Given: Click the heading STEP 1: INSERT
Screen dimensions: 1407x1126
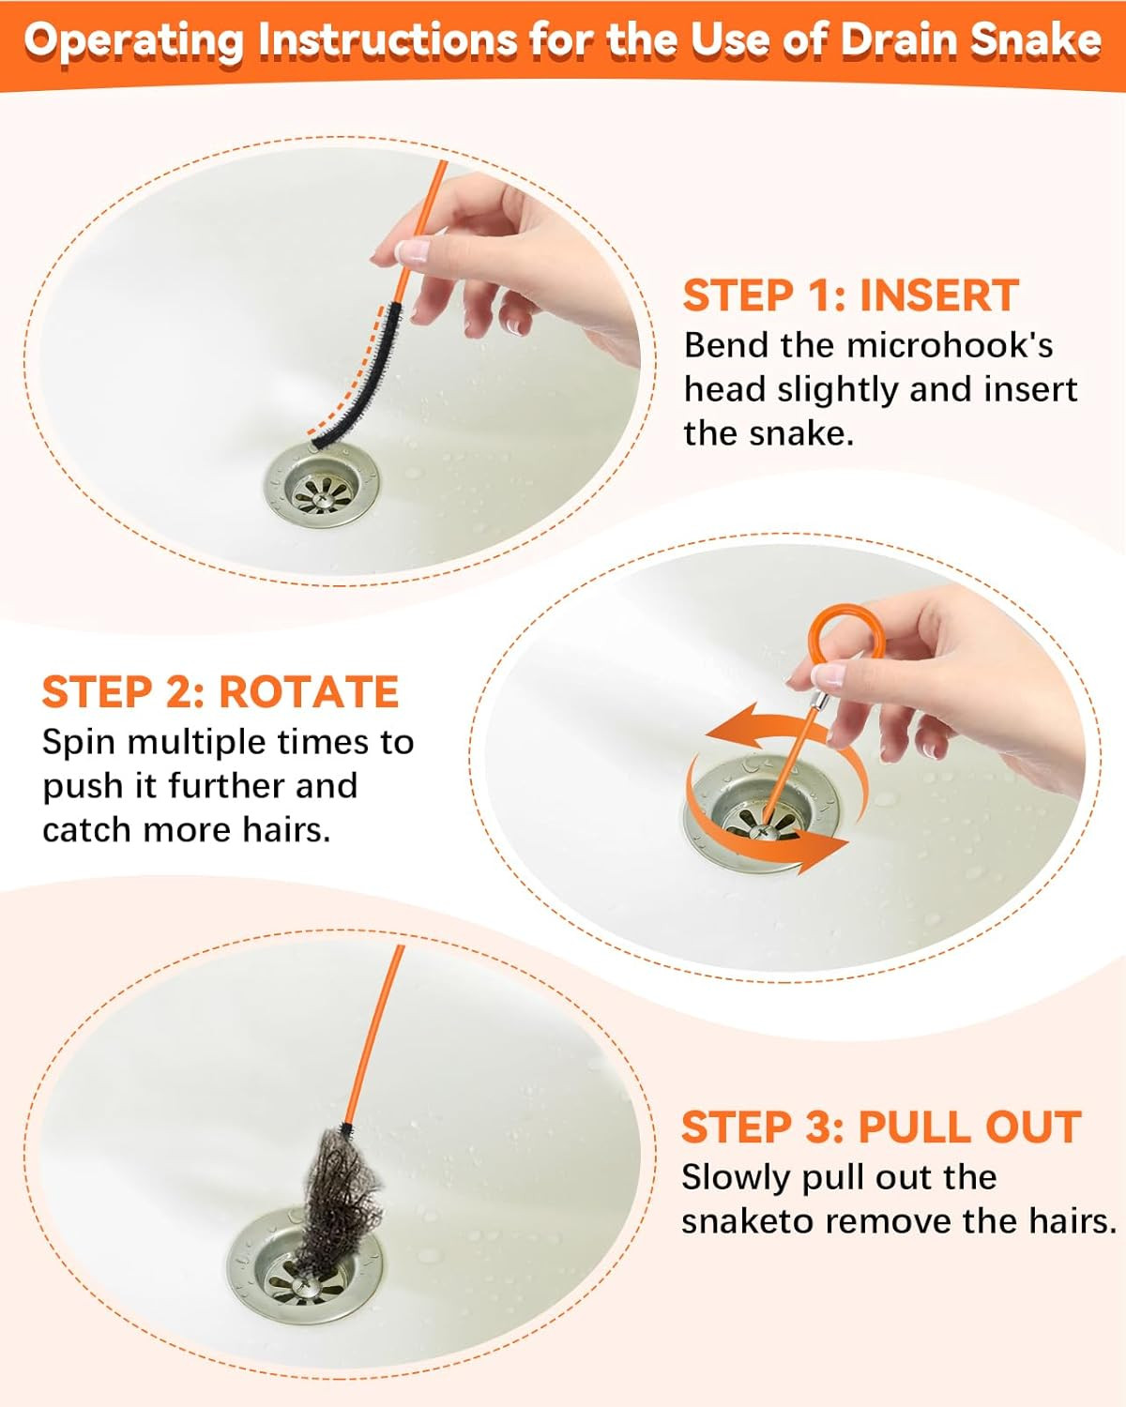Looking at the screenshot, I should (x=849, y=295).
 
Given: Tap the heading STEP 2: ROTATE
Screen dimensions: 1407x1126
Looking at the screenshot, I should (x=220, y=692).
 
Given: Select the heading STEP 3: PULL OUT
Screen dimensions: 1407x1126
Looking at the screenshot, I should (x=880, y=1127).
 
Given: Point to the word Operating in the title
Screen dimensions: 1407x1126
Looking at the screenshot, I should (x=132, y=40).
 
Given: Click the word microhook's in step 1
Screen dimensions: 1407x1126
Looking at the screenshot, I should (x=949, y=345).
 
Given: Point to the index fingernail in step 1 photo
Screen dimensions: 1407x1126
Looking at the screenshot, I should (x=413, y=251).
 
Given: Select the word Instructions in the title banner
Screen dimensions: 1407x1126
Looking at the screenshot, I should (x=386, y=40).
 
